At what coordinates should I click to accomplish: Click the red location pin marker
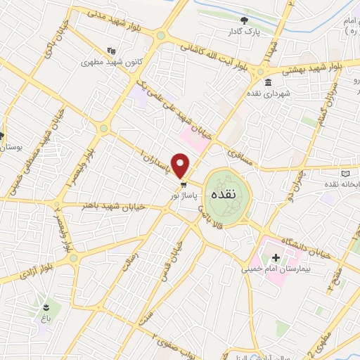[181, 166]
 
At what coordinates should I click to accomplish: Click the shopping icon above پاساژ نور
[183, 184]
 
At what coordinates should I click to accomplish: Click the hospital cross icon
[276, 257]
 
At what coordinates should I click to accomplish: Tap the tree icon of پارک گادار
[244, 21]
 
